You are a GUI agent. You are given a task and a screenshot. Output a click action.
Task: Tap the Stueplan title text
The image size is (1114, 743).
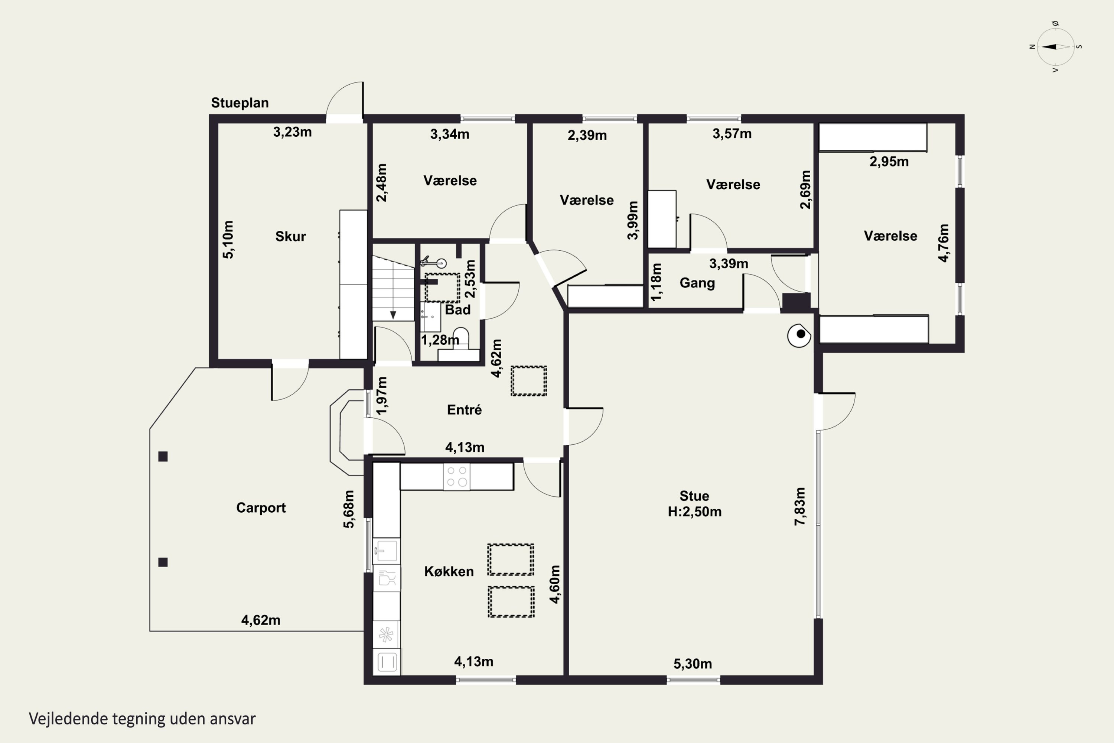[240, 103]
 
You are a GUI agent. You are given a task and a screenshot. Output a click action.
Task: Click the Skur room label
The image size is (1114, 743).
[290, 236]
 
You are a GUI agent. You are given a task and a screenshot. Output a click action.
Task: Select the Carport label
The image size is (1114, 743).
[261, 508]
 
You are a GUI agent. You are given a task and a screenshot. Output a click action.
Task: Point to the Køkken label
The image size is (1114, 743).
[449, 571]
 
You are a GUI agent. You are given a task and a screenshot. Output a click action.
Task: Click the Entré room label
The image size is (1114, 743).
[464, 409]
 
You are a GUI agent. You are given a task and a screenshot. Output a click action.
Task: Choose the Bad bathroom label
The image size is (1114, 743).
[457, 310]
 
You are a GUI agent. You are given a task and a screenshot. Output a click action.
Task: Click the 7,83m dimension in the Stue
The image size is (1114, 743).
[799, 506]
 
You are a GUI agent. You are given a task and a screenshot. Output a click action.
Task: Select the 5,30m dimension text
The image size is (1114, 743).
[693, 664]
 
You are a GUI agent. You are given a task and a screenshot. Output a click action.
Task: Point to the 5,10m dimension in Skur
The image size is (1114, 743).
[228, 239]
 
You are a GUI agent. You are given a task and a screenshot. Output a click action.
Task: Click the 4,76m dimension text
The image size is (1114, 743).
[944, 243]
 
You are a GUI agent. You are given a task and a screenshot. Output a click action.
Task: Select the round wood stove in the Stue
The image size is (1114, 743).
[799, 335]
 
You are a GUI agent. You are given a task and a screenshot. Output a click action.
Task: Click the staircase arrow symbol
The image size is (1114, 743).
[392, 315]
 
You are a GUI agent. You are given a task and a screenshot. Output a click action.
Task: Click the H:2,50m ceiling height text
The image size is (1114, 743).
[694, 512]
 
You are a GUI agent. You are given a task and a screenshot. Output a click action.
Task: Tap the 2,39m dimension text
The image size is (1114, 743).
[587, 136]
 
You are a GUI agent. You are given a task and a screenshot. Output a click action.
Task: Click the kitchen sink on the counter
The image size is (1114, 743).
[387, 551]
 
